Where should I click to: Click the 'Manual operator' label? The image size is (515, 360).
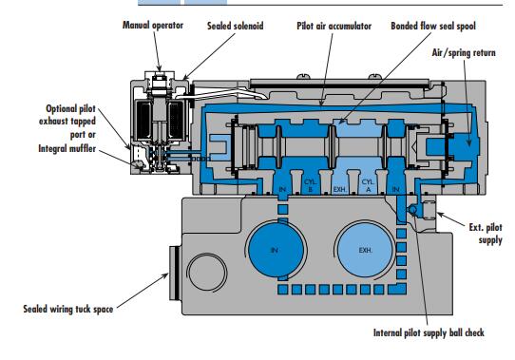(x=153, y=25)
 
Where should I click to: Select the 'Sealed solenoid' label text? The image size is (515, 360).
(x=235, y=26)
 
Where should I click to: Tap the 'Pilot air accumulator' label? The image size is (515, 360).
(x=334, y=26)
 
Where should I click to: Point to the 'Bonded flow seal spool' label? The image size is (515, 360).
(x=433, y=26)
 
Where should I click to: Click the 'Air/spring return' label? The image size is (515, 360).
(x=464, y=52)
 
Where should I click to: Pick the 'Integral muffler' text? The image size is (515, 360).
(x=67, y=148)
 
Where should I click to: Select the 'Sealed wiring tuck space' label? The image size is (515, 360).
(x=68, y=309)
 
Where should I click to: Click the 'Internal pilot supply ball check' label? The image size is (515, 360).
(x=429, y=332)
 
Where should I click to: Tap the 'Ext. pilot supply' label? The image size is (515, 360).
(x=486, y=234)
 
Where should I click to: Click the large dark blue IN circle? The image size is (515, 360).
(x=276, y=251)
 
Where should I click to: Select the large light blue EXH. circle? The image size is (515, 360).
(x=365, y=251)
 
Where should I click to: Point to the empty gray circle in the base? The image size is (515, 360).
(x=207, y=273)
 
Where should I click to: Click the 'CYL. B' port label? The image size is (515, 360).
(x=310, y=185)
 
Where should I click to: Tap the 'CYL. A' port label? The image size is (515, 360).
(x=368, y=185)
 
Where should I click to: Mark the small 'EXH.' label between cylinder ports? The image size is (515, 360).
(x=340, y=190)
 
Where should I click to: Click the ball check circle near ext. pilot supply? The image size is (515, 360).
(x=412, y=210)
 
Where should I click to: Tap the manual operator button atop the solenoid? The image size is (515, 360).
(x=160, y=78)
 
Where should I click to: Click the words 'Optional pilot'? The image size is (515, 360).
(x=70, y=108)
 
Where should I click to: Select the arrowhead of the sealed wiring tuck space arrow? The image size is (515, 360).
(x=165, y=275)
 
